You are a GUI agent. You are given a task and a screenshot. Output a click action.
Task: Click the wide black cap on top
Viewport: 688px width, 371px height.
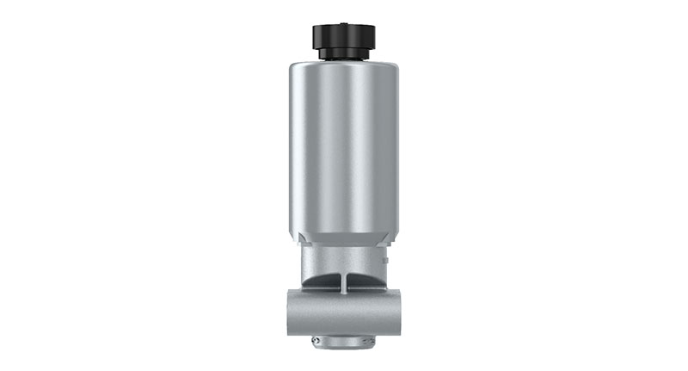[x=344, y=35]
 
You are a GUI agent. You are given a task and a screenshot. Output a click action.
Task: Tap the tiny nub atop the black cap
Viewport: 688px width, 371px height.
[x=344, y=21]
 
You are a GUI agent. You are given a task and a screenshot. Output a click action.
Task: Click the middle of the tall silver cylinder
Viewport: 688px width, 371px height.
[x=344, y=146]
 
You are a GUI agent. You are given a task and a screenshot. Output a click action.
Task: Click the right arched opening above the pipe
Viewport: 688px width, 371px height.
[x=363, y=280]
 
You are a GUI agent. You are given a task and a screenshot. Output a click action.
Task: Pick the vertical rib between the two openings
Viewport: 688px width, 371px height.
[x=344, y=280]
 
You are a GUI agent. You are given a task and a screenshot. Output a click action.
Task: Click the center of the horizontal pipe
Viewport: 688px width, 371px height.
[x=344, y=310]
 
